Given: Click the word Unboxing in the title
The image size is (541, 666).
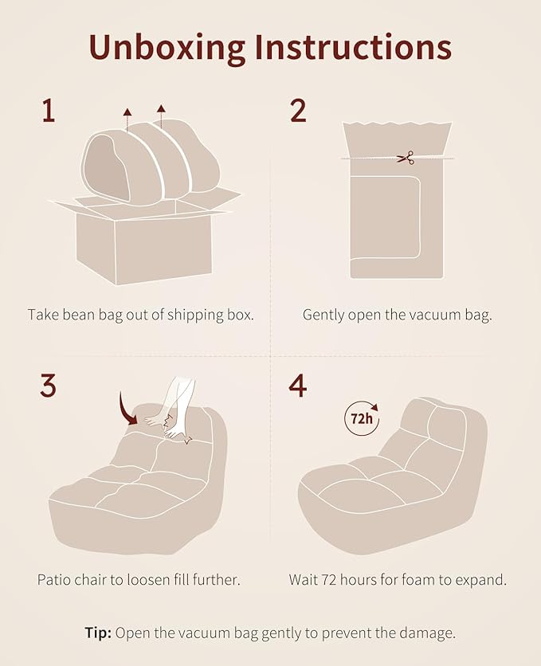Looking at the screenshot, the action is coord(167,47).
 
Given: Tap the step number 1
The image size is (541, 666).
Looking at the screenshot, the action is coord(49,111).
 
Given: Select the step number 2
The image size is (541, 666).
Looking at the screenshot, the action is coord(298,111).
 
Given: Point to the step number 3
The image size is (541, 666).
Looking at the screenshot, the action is coord(48,386).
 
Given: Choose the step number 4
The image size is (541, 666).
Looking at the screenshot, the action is coord(298,386).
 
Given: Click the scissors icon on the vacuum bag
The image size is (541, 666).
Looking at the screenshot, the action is coord(406,158).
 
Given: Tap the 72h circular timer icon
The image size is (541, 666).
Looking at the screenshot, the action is coord(362,419).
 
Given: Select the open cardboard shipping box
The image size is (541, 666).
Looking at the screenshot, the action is coord(144,238).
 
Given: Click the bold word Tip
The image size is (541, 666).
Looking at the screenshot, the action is coord(98,633).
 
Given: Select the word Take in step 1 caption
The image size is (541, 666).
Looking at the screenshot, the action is coord(43,315).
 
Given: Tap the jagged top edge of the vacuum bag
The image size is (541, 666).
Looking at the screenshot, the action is coord(397,124).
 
